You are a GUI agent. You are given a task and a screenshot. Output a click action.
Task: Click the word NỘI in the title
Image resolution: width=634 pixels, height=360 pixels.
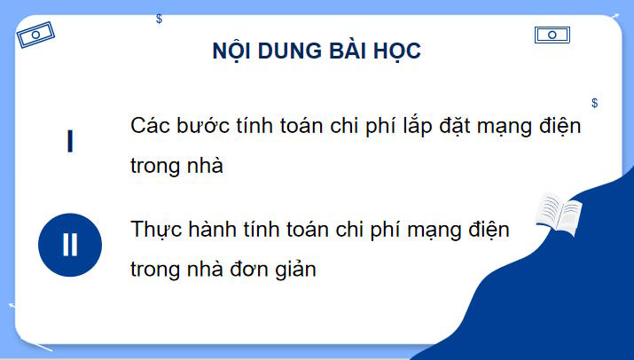pos(231,51)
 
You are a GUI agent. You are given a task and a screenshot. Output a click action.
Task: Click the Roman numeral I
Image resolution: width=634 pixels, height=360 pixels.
pos(69,143)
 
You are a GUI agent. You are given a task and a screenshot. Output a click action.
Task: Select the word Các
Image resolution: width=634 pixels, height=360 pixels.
pos(150,125)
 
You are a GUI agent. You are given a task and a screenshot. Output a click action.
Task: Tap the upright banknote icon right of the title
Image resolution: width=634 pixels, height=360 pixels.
pos(552,35)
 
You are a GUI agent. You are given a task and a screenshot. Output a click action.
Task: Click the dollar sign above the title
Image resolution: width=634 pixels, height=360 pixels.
pos(159,19)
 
